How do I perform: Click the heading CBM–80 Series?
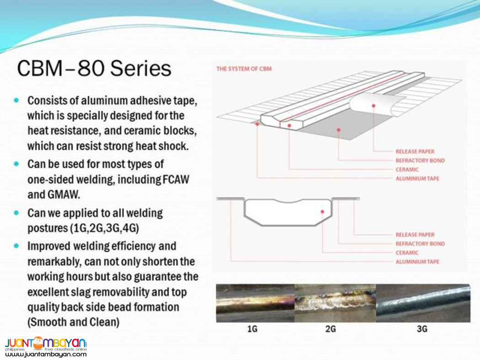[94, 68]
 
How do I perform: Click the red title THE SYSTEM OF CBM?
[244, 69]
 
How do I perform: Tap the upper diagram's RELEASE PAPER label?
[415, 151]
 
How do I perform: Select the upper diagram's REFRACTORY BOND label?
[420, 160]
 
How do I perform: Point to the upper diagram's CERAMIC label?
[407, 169]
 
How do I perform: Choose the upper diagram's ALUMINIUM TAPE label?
[417, 178]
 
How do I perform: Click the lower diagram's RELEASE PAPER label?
[415, 235]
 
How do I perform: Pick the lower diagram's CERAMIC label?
[407, 253]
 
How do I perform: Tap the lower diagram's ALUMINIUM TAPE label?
[417, 262]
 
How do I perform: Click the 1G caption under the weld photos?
[252, 329]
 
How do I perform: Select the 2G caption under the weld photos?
[331, 329]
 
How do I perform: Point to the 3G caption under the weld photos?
[422, 329]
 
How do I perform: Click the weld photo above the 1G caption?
[255, 303]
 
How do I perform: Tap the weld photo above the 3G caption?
[423, 303]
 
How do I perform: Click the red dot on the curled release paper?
[373, 106]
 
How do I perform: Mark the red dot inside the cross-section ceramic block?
[322, 212]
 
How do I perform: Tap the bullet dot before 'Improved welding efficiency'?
[16, 246]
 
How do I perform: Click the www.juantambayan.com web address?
[46, 354]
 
